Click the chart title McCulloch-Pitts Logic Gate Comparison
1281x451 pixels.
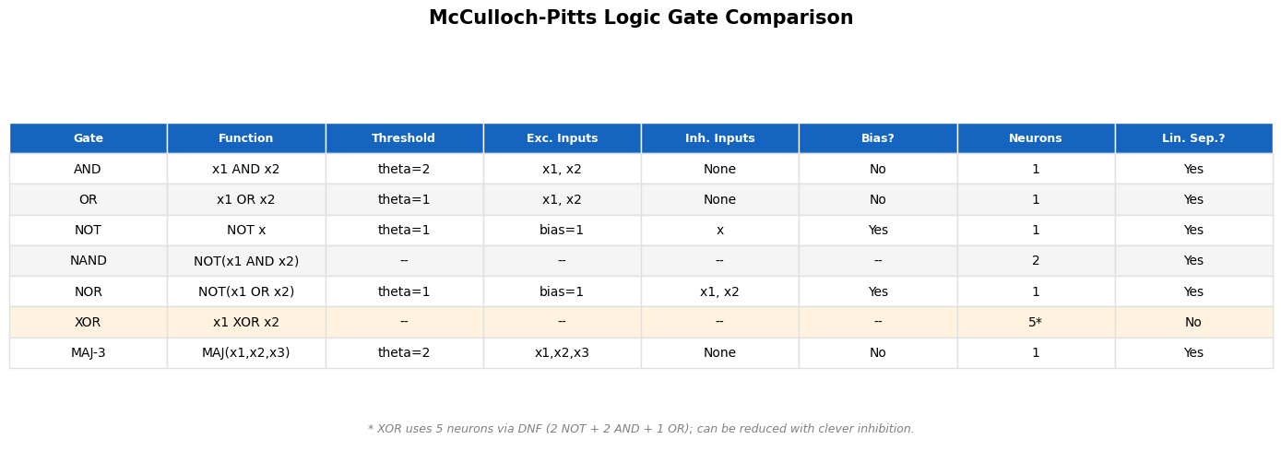click(x=640, y=18)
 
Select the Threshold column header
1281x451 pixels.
click(x=403, y=138)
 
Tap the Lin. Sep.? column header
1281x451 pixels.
click(x=1193, y=138)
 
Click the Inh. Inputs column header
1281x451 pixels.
click(x=719, y=138)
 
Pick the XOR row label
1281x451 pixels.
click(x=88, y=323)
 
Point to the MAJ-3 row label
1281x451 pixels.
click(x=88, y=352)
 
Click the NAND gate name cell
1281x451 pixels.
click(x=88, y=261)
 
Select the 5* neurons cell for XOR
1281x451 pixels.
click(x=1035, y=323)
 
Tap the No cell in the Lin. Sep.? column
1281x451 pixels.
click(x=1193, y=323)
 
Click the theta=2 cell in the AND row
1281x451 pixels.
click(x=404, y=169)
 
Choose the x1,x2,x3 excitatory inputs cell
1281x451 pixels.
click(x=562, y=352)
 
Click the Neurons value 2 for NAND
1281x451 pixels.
click(x=1036, y=261)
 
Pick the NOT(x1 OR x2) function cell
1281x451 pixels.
click(x=246, y=291)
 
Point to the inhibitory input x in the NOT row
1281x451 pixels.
click(x=720, y=231)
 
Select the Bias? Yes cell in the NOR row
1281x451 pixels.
click(x=878, y=291)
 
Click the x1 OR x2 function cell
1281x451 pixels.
click(x=245, y=199)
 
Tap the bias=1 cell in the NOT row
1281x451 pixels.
click(x=562, y=230)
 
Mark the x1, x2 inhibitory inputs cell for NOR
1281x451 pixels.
click(x=719, y=291)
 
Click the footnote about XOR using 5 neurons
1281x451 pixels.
click(x=640, y=429)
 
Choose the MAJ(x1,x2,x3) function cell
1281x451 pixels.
click(x=246, y=352)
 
